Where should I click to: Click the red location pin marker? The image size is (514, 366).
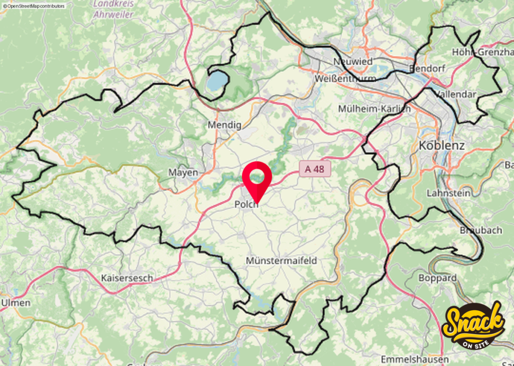point(257,178)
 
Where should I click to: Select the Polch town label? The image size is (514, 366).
point(246,205)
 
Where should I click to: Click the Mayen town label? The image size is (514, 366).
point(183,172)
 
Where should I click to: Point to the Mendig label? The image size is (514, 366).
point(224,125)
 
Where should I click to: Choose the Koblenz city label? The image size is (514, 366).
point(441,146)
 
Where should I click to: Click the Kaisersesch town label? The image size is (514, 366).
point(127,278)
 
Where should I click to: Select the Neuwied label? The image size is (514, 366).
point(353,61)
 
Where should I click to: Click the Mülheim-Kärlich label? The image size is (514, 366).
point(374,109)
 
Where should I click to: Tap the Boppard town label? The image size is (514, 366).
point(437,278)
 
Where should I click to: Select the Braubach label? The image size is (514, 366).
point(481,230)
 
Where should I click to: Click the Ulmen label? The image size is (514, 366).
point(16,303)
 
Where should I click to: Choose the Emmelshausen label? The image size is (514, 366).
point(415,359)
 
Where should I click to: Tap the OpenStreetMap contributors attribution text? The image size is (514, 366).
point(34,6)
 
